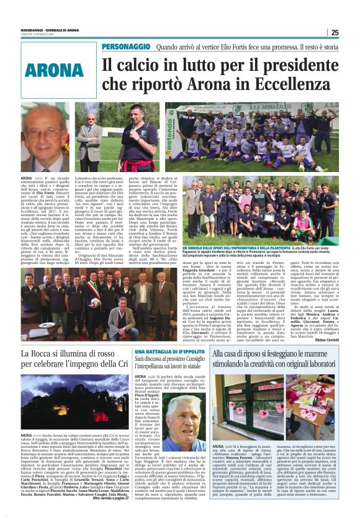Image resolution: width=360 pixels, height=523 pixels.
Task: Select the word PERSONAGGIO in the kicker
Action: [x=126, y=47]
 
